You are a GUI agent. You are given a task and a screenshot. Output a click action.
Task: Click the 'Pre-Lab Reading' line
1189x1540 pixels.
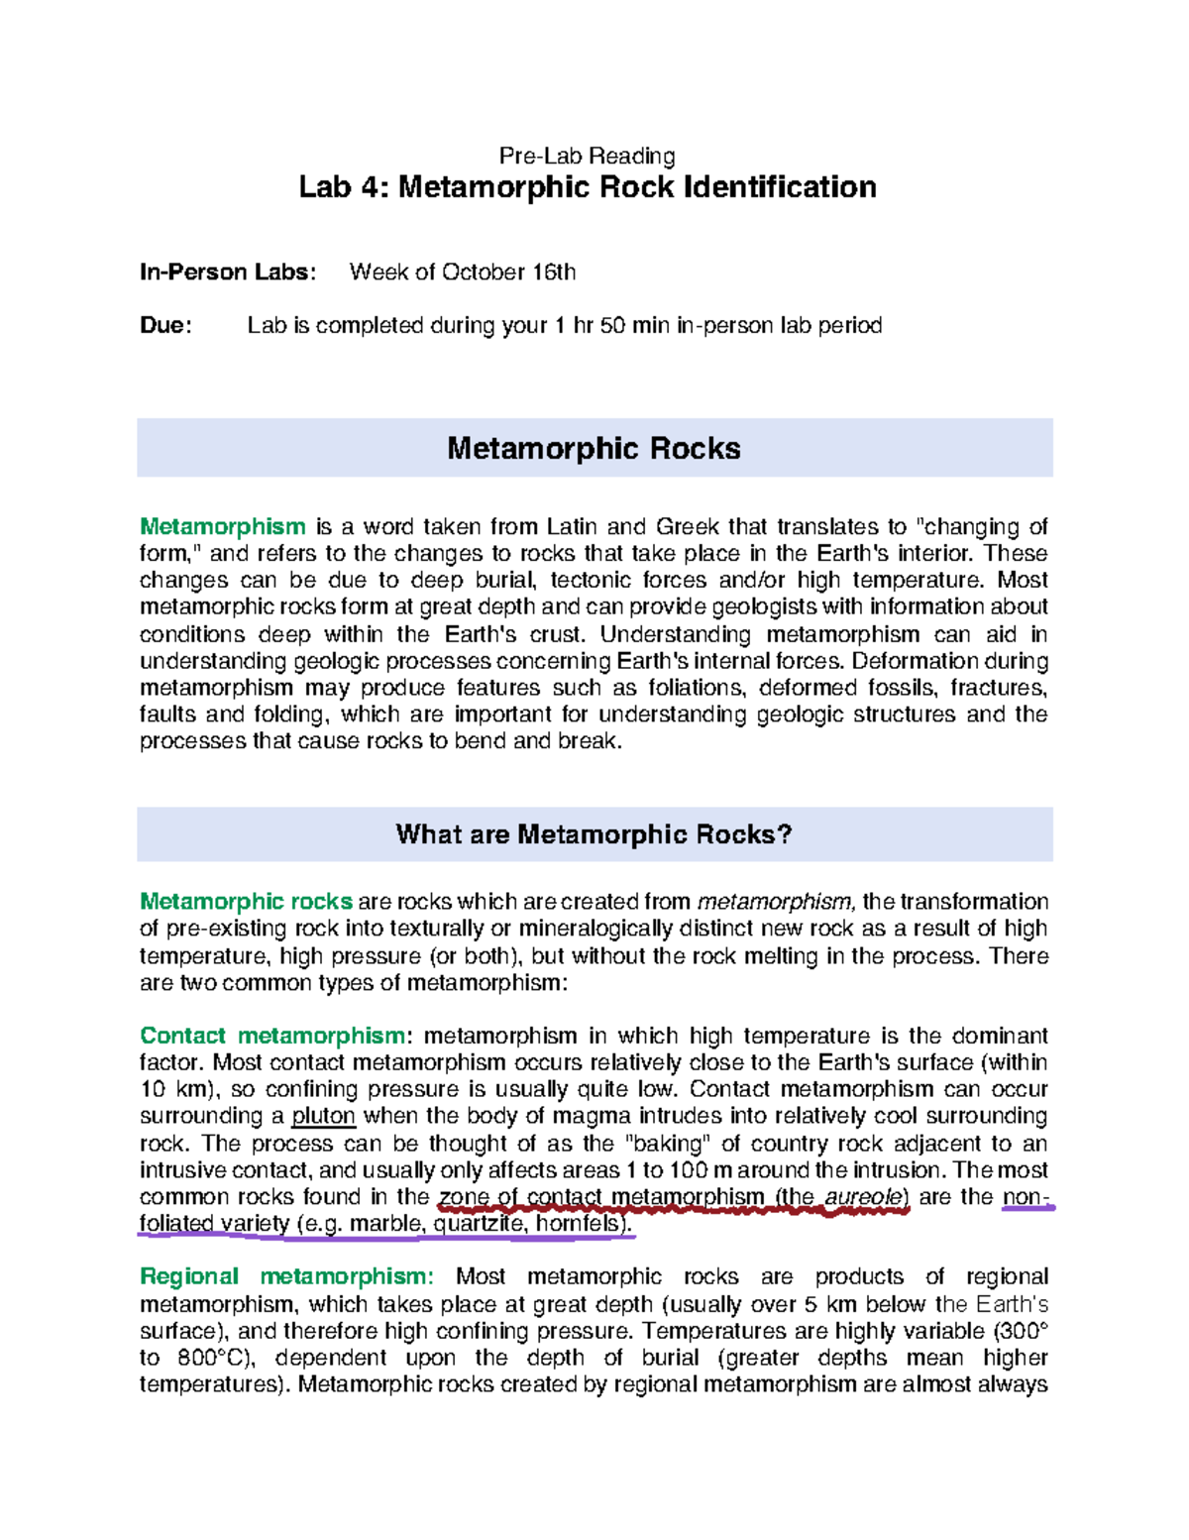(587, 156)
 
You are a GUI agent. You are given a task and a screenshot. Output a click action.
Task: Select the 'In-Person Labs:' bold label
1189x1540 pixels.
(228, 273)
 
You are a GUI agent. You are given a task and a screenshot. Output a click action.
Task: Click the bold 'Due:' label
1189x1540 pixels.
(165, 326)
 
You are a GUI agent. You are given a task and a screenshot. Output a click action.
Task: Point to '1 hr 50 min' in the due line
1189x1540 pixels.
(611, 326)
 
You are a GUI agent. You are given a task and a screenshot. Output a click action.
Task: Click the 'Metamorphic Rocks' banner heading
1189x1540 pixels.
(594, 449)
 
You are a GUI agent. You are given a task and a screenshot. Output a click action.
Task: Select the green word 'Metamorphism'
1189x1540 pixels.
(223, 526)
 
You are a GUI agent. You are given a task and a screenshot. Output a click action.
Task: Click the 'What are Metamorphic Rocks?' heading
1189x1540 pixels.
(594, 834)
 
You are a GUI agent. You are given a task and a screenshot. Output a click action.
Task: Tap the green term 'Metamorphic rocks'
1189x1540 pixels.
(246, 902)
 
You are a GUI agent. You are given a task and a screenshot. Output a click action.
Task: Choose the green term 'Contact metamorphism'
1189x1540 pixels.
(272, 1036)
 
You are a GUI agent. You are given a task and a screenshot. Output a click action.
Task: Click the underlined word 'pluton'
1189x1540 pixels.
(323, 1117)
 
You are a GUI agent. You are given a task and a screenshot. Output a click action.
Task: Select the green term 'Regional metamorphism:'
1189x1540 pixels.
(286, 1276)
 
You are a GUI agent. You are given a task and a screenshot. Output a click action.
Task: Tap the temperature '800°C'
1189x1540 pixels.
(214, 1358)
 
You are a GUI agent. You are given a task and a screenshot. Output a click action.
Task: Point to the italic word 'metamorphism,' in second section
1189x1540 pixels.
(775, 902)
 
